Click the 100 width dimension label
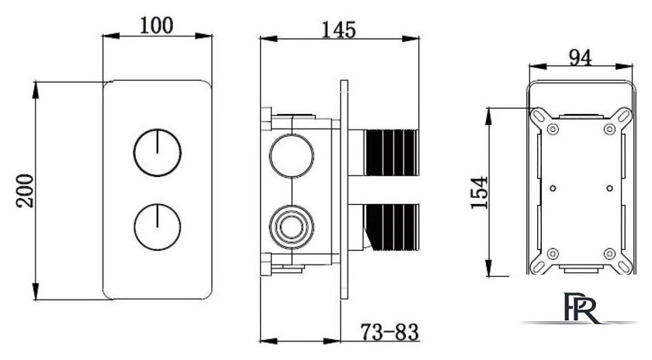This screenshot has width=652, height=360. (156, 26)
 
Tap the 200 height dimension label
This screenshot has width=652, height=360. (25, 191)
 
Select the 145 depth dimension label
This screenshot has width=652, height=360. (339, 29)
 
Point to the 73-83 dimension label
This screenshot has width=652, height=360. (390, 332)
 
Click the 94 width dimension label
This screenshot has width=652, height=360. (580, 57)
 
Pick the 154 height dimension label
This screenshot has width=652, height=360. (479, 192)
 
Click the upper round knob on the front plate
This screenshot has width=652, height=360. (157, 153)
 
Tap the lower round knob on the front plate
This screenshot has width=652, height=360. (157, 227)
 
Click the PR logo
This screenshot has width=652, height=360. (581, 306)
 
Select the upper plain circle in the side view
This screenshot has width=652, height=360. (291, 155)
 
